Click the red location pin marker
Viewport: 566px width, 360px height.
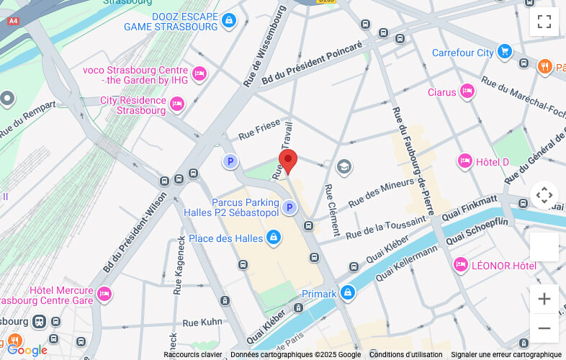click(288, 161)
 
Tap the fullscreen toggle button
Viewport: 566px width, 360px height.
click(544, 22)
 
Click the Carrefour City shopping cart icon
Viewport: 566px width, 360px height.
click(504, 52)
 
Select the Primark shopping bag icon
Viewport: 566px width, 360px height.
click(348, 293)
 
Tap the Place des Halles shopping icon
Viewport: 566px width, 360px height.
click(273, 238)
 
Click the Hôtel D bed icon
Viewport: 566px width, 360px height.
click(465, 161)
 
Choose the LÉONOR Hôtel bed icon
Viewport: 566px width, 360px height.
click(461, 265)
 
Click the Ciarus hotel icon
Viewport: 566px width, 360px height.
click(467, 91)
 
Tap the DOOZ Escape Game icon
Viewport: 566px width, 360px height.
click(229, 20)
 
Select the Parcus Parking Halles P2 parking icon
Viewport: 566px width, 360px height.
click(289, 207)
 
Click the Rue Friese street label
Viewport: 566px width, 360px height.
click(259, 131)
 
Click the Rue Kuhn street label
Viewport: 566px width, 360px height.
click(202, 323)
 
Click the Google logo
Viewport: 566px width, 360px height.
click(27, 351)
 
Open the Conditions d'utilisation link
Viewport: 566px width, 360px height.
click(405, 354)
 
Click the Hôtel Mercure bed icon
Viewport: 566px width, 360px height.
click(104, 294)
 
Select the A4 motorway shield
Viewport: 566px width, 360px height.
click(12, 21)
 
